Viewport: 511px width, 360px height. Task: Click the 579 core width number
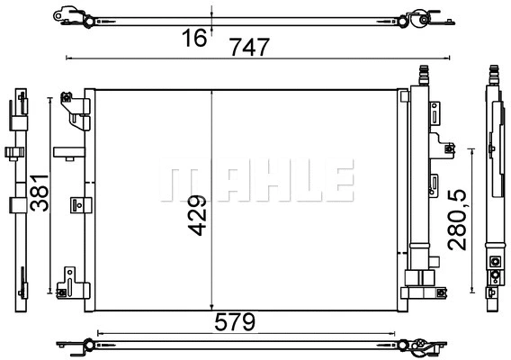click(237, 320)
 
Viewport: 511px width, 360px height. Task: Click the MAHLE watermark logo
click(255, 183)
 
